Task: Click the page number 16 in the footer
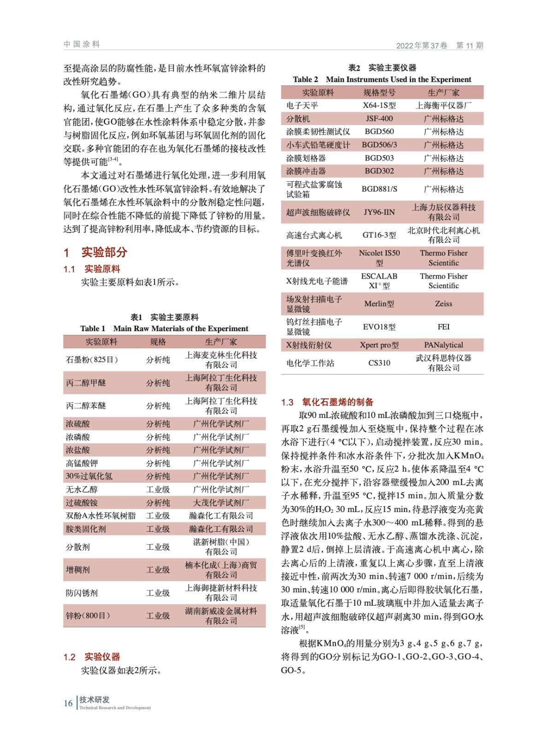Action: click(68, 703)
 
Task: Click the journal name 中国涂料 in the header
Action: click(82, 44)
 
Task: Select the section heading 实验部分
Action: click(104, 252)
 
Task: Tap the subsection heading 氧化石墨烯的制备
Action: click(338, 402)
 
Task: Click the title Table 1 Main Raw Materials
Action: click(164, 328)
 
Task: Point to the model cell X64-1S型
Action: click(379, 106)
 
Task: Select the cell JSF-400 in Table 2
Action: click(379, 119)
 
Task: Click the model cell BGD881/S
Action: click(379, 189)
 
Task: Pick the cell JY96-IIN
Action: click(379, 212)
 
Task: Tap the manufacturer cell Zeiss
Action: click(443, 304)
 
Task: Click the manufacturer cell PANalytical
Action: click(443, 345)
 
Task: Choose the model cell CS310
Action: click(379, 363)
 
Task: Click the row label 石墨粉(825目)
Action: click(92, 360)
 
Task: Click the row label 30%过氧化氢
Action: click(89, 476)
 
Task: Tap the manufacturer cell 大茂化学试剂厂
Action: click(221, 503)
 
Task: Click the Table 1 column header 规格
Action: click(158, 342)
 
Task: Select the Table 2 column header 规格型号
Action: click(379, 93)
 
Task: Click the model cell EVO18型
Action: click(379, 327)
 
